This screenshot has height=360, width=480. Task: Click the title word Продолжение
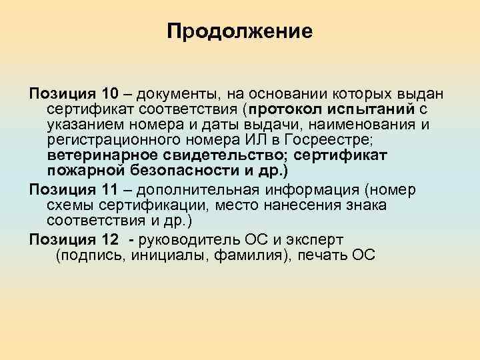(x=239, y=31)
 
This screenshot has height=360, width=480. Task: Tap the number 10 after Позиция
(x=92, y=91)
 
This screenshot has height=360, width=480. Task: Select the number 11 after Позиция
(x=92, y=189)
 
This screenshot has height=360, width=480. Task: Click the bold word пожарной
(x=83, y=172)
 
